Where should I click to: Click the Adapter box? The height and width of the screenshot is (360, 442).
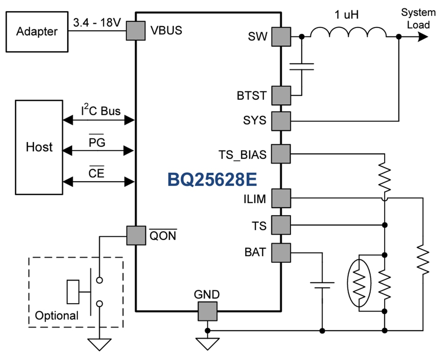click(x=37, y=32)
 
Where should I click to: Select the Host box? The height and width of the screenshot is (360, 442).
click(x=39, y=147)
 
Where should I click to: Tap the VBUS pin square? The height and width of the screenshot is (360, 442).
click(x=136, y=31)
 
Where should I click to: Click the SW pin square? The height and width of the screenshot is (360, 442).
click(x=280, y=37)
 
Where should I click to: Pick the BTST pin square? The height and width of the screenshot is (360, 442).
click(x=280, y=96)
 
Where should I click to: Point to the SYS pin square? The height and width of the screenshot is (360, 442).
click(x=280, y=121)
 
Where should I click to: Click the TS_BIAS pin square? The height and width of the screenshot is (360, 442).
click(x=280, y=153)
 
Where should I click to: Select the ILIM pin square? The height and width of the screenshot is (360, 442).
click(x=280, y=198)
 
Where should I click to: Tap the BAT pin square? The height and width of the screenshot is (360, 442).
click(x=280, y=252)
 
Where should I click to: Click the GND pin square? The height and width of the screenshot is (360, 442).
click(x=207, y=311)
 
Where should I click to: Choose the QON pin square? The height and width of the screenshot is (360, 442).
click(x=136, y=235)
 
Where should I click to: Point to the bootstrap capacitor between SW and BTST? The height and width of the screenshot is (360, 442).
click(x=301, y=66)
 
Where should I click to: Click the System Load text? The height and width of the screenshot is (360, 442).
click(x=418, y=18)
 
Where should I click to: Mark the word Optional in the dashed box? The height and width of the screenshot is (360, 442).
click(x=57, y=315)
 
